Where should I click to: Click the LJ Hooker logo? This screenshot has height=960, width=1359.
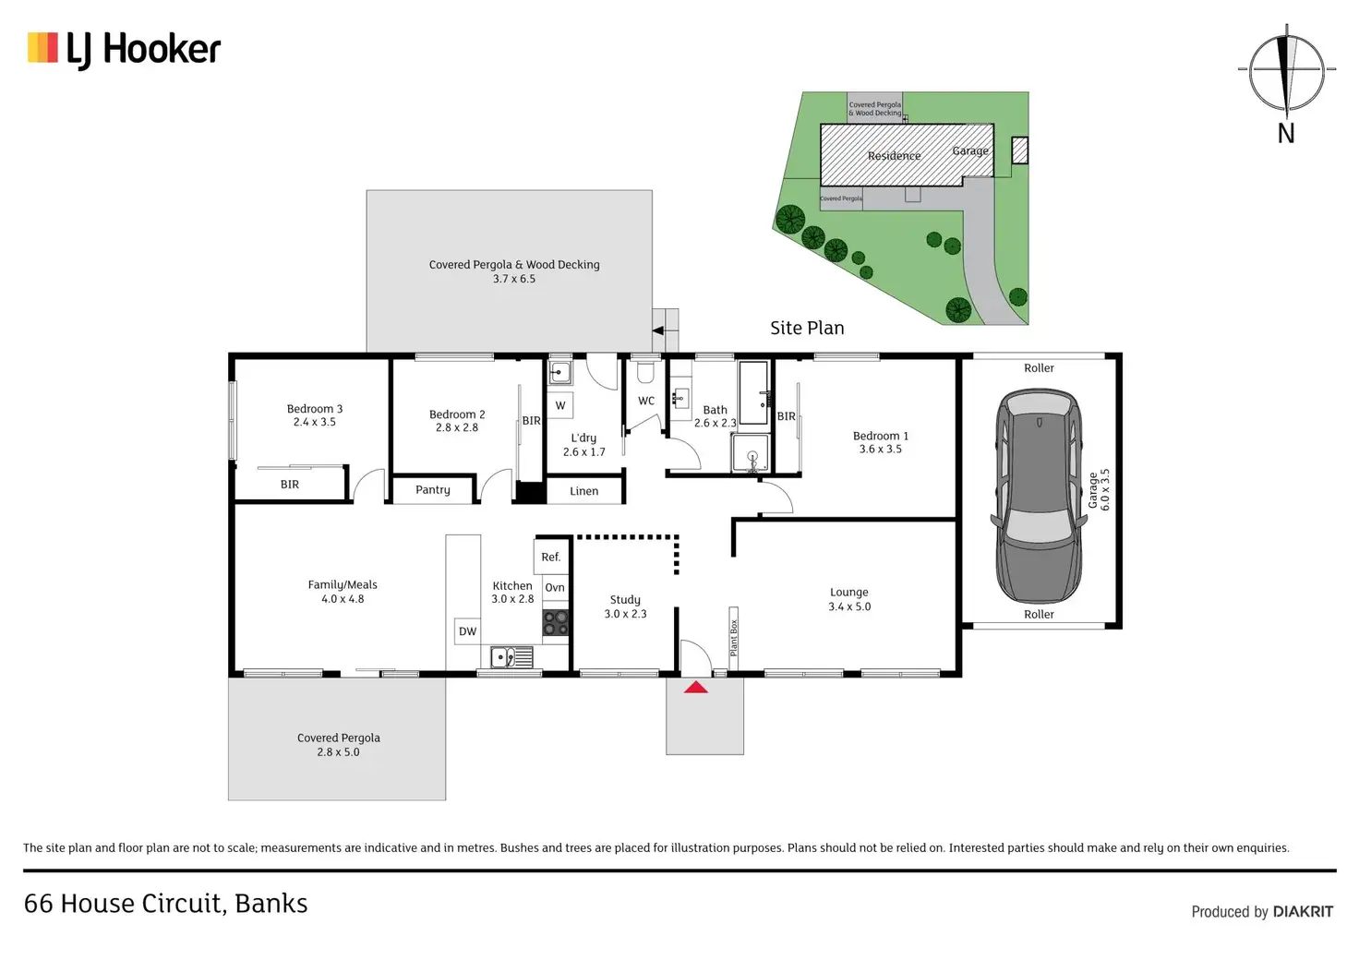125,49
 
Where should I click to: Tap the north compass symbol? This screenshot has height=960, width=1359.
1286,71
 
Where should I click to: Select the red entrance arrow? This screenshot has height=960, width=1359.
695,687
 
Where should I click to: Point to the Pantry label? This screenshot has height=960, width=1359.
433,490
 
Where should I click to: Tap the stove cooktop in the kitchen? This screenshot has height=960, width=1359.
556,622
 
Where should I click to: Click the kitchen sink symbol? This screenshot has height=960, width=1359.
503,657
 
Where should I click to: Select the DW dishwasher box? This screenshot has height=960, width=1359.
468,631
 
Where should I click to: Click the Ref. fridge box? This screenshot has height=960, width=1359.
551,557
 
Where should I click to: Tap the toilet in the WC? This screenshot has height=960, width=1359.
646,372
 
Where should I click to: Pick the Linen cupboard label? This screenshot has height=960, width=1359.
584,491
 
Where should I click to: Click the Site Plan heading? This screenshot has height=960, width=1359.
807,328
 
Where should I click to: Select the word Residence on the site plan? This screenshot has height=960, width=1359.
894,156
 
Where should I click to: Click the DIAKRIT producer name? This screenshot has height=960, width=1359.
1303,912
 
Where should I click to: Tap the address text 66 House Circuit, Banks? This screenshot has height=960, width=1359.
166,904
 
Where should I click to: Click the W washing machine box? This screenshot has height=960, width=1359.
560,405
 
